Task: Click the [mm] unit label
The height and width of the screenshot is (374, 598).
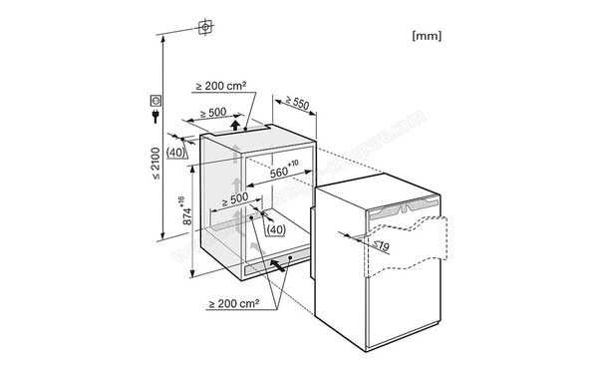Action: (427, 35)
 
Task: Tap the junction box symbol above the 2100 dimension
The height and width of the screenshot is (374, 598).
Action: (205, 27)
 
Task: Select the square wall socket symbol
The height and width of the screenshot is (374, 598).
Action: (156, 100)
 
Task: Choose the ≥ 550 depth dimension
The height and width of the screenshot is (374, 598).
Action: (294, 102)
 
